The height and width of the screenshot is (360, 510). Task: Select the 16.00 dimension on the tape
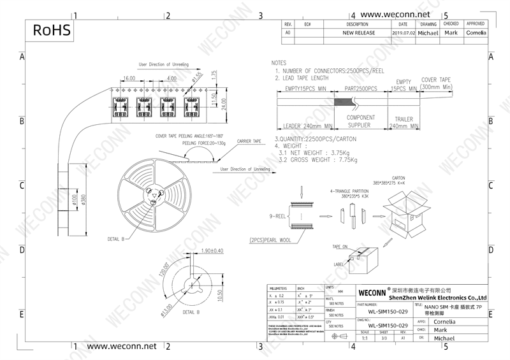point(129,78)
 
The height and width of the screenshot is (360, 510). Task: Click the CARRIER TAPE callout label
point(249,141)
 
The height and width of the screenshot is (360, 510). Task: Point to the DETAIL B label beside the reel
point(116,239)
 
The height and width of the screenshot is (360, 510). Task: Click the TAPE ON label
point(340,247)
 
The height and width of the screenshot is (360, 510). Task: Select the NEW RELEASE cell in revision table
point(359,32)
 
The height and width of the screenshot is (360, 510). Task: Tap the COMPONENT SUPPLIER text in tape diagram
point(361,122)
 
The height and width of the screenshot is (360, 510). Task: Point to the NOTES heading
point(279,64)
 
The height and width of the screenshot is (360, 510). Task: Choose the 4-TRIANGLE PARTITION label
point(350,191)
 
